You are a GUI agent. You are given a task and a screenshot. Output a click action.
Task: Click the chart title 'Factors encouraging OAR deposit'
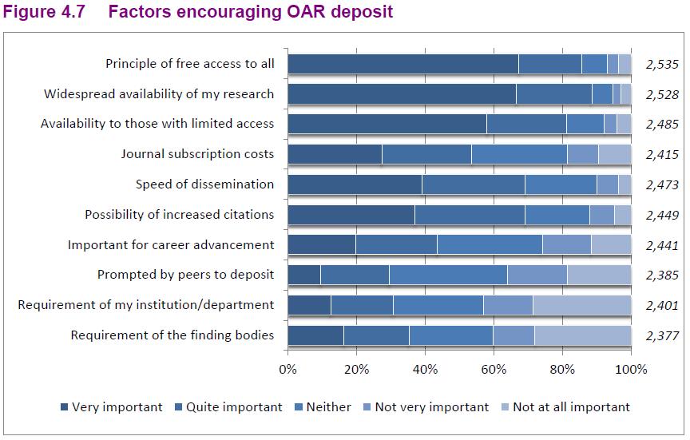click(250, 13)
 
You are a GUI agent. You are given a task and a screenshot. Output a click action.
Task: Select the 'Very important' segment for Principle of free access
click(402, 64)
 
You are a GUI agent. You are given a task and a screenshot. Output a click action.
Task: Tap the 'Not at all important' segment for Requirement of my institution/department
click(581, 305)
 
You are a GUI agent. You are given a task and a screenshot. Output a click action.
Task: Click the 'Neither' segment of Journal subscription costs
click(519, 154)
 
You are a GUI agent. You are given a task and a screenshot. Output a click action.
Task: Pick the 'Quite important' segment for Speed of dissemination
click(474, 184)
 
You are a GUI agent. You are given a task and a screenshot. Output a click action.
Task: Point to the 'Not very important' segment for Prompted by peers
click(537, 275)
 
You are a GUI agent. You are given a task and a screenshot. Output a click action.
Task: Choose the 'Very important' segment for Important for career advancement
click(321, 244)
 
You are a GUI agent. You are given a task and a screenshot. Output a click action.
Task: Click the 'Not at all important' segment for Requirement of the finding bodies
click(583, 335)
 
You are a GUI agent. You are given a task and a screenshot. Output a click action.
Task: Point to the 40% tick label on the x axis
click(425, 370)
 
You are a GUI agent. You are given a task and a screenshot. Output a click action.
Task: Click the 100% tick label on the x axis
click(632, 370)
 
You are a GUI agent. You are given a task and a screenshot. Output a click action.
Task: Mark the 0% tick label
click(287, 370)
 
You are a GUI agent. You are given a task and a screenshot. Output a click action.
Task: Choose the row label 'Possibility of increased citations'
click(179, 215)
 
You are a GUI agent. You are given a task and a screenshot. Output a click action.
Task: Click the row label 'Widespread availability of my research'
click(159, 94)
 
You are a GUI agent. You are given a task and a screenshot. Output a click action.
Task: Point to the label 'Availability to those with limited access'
click(157, 124)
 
